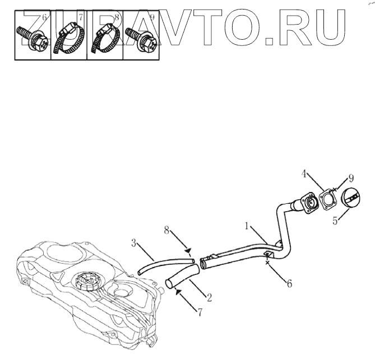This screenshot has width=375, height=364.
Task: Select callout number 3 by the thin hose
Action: tap(134, 244)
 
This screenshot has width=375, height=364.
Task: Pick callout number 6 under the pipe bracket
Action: tap(289, 283)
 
